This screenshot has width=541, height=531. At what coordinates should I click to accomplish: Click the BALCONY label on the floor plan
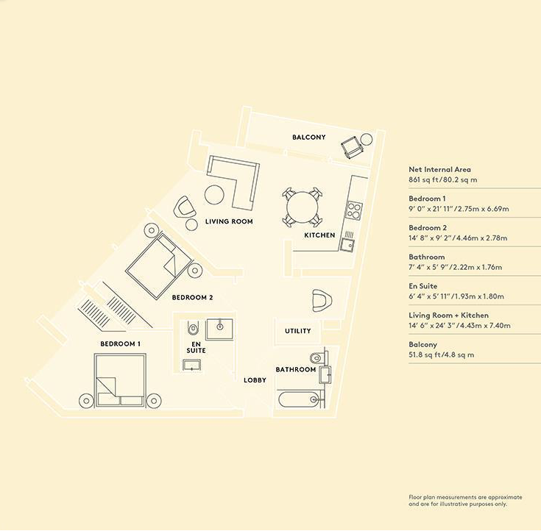tap(308, 138)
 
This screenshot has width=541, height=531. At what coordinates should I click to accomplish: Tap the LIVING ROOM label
tap(229, 221)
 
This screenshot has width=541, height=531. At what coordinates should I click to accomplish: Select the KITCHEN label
tap(319, 235)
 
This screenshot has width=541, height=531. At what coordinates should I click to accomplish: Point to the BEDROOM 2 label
tap(192, 298)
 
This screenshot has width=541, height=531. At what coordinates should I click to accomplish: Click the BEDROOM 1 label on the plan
tap(121, 344)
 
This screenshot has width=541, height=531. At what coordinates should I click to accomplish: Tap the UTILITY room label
tap(298, 331)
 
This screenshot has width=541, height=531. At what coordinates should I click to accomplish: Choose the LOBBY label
tap(255, 380)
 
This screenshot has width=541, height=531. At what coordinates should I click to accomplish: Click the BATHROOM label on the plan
tap(296, 369)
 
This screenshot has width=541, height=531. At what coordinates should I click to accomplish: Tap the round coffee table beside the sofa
tap(213, 195)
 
